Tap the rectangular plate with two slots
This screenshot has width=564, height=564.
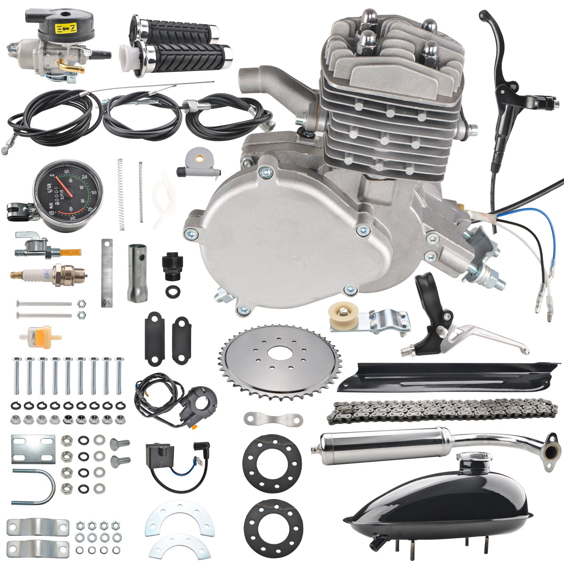33,449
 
